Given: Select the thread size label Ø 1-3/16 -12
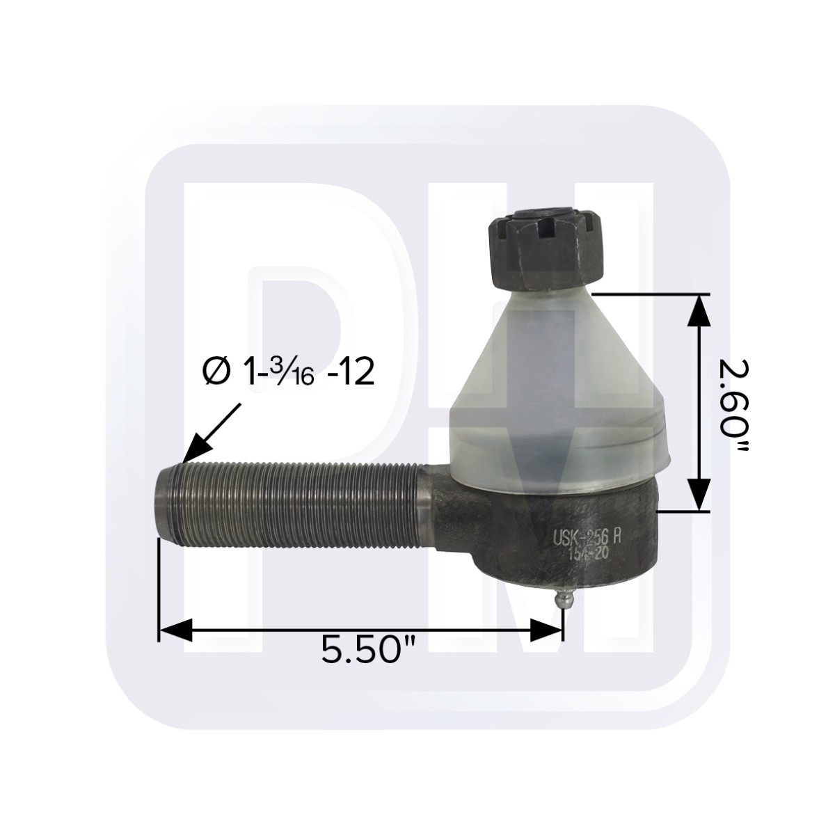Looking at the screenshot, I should pos(289,374).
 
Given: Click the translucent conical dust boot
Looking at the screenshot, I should pos(557,390).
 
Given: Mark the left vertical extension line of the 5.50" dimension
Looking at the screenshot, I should pos(159,591).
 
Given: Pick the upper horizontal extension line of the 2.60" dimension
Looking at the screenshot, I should pos(647,294).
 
